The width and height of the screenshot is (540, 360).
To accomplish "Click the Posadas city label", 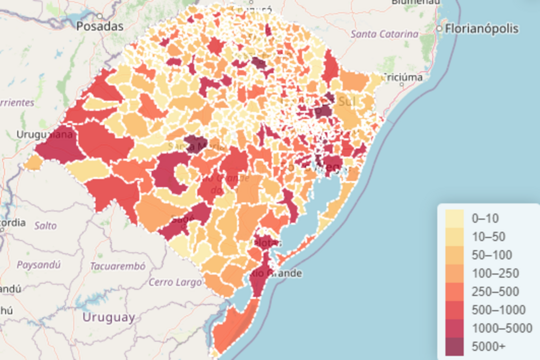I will (x=100, y=26).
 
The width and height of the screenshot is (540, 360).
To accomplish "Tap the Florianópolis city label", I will (x=481, y=28).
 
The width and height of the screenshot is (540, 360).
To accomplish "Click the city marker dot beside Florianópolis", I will (x=439, y=28).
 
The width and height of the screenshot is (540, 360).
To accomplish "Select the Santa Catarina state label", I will (x=384, y=34).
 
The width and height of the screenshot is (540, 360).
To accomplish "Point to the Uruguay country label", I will (x=108, y=317).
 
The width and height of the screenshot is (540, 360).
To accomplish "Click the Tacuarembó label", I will (x=118, y=266).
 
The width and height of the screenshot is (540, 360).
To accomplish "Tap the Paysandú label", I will (x=38, y=265).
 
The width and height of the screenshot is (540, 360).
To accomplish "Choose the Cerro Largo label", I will (x=175, y=282).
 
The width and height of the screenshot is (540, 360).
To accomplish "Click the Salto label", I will (x=45, y=226).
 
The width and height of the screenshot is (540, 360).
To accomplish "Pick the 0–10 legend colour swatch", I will (x=455, y=218).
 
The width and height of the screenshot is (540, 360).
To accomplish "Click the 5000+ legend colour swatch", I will (x=455, y=347).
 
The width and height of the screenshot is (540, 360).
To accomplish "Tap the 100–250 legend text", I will (x=495, y=274).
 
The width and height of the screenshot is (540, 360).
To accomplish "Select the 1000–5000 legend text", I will (x=502, y=328).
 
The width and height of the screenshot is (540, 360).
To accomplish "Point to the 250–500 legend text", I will (x=495, y=291).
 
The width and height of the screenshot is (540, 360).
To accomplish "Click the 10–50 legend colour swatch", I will (x=455, y=237).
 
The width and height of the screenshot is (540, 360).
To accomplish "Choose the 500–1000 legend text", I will (x=498, y=310).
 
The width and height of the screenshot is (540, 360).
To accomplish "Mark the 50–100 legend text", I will (x=492, y=255).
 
